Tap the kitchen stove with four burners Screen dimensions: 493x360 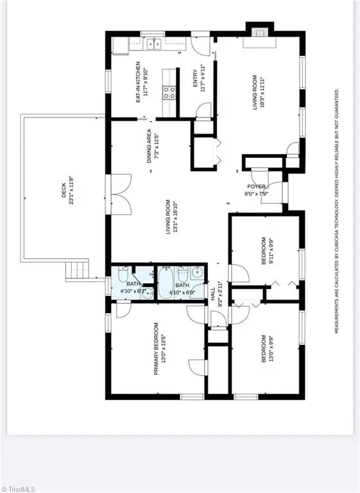pos(170,92)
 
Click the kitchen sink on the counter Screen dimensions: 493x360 pos(153,44)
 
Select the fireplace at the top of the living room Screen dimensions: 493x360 pos(259,33)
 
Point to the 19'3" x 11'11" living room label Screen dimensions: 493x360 pos(259,94)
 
